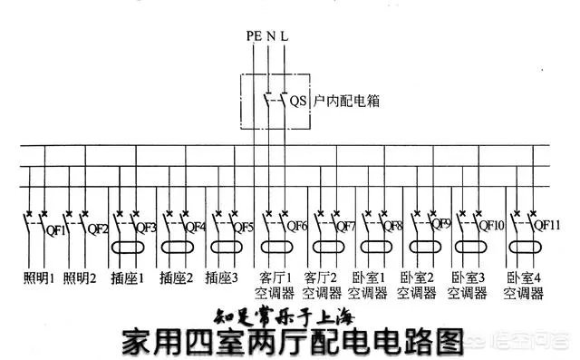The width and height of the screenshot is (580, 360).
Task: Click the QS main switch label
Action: (295, 100)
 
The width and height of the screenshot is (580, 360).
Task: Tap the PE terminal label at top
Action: (252, 35)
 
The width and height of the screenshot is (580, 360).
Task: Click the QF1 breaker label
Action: (54, 229)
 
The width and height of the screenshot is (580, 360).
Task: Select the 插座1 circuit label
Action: (128, 277)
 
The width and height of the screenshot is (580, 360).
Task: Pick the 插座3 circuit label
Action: (223, 277)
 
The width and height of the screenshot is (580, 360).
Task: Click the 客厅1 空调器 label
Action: (273, 285)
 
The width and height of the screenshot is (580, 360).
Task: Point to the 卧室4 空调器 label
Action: (524, 285)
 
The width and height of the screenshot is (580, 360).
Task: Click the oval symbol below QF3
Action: (130, 247)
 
